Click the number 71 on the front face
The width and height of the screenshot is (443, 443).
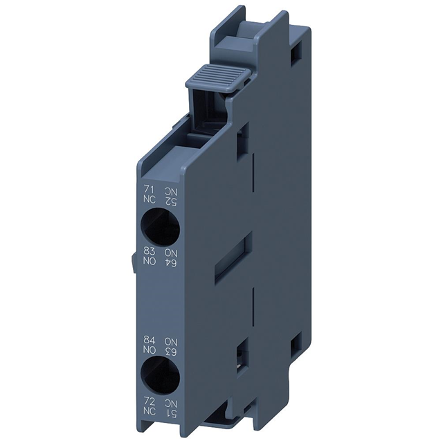tap(147, 188)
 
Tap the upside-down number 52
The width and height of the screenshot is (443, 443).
tap(169, 200)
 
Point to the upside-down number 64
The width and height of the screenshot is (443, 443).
tap(169, 261)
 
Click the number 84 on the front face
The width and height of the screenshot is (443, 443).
tap(147, 341)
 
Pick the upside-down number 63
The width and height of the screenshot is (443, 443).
tap(169, 352)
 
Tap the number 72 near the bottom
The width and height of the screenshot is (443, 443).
tap(147, 401)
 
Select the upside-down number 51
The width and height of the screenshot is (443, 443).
tap(169, 413)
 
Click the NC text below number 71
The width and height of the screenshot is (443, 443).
tap(147, 199)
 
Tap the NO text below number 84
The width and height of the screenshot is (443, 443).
tap(147, 352)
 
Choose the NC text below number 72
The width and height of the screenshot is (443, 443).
tap(147, 413)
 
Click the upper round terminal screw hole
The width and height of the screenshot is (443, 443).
tap(159, 224)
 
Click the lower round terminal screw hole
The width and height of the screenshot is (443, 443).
tap(159, 377)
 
